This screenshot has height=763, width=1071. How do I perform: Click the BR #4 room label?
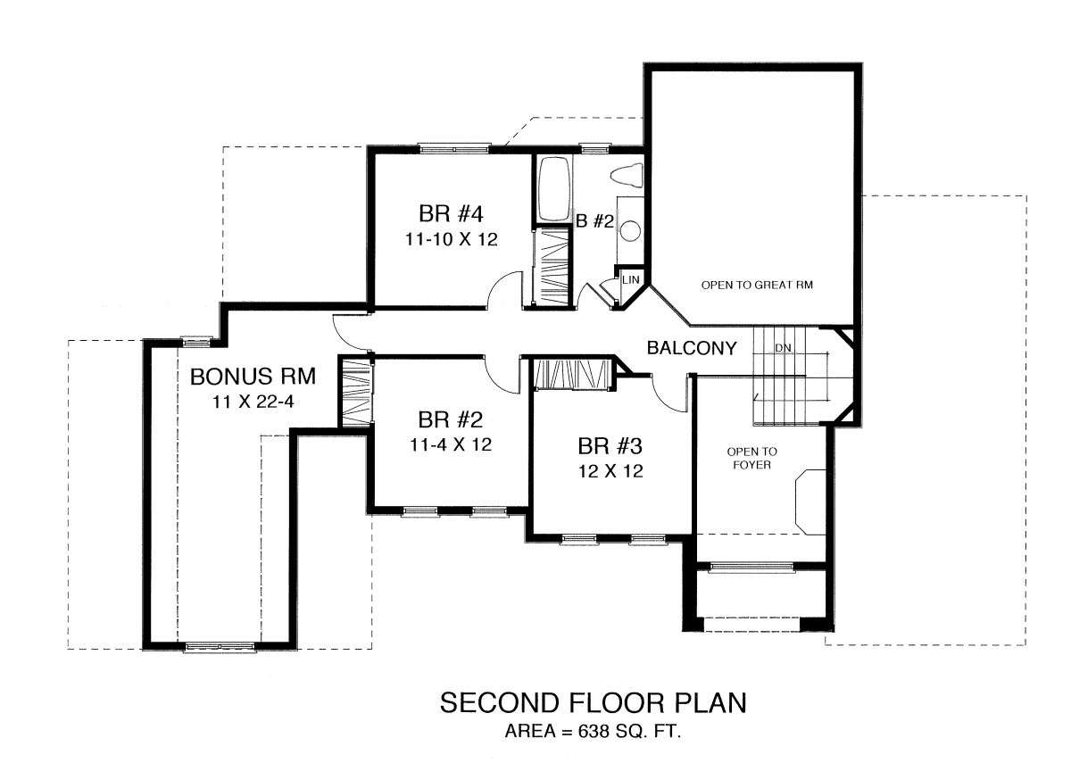(x=451, y=213)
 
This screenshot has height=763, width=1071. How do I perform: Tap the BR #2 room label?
(x=451, y=419)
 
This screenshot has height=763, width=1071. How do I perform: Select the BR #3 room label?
(x=610, y=446)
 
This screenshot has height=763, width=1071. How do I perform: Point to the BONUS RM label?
(x=253, y=377)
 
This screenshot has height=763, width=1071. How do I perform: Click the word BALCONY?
(x=692, y=348)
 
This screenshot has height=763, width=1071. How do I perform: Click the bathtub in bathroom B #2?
(x=554, y=188)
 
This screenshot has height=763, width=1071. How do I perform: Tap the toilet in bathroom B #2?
(x=627, y=176)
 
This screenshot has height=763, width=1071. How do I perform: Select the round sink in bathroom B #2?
(x=631, y=230)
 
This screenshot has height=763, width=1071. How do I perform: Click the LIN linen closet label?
(x=631, y=279)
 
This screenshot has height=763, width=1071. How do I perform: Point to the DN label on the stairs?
(x=783, y=348)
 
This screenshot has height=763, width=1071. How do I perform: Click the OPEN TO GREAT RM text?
(x=757, y=285)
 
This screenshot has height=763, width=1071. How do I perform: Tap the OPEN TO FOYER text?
(x=751, y=458)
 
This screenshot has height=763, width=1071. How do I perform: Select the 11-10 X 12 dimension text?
(x=452, y=239)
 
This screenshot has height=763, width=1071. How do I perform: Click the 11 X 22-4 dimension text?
(x=253, y=402)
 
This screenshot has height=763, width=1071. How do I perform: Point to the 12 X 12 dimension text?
(x=610, y=471)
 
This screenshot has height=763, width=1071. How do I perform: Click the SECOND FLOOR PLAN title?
(x=593, y=703)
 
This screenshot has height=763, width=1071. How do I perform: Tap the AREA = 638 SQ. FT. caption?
(x=593, y=731)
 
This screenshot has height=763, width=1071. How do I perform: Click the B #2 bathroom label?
(x=594, y=221)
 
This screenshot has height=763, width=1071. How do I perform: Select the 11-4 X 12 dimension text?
(x=451, y=445)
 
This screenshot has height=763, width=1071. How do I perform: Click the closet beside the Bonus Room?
(x=355, y=392)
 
